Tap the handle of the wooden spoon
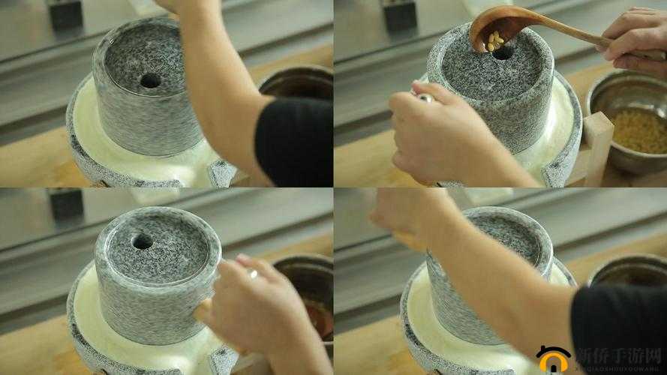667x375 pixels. [x=570, y=34]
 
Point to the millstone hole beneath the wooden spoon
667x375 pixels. [x=501, y=52]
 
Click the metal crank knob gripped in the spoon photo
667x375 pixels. [x=425, y=97]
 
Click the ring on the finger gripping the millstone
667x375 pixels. [x=253, y=274]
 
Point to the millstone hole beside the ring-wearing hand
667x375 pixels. [x=142, y=241]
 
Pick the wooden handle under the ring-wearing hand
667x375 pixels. [x=203, y=309]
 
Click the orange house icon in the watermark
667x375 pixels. [x=553, y=358]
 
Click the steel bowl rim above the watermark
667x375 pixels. [x=626, y=266]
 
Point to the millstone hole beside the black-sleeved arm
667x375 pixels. [x=150, y=80]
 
